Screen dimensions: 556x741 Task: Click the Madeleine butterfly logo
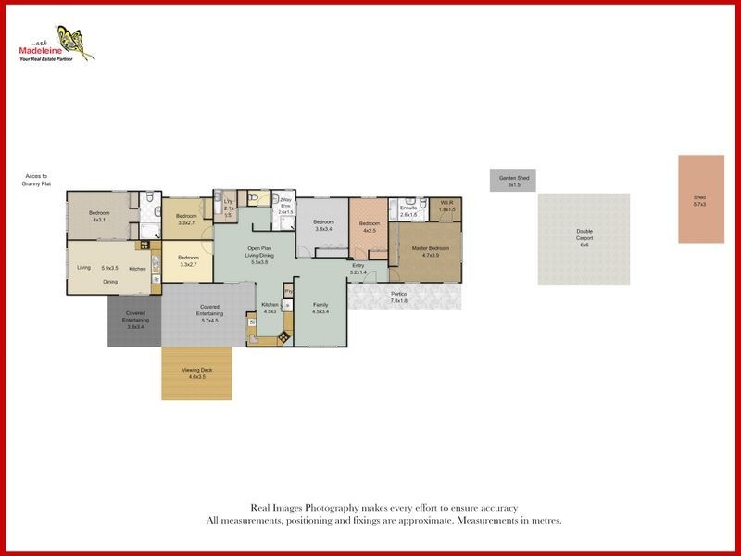[73, 42]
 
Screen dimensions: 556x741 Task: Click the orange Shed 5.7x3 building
[700, 199]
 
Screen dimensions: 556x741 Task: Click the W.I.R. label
[447, 205]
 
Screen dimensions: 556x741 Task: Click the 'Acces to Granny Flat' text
[36, 180]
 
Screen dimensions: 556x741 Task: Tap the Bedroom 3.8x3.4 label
[323, 224]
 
